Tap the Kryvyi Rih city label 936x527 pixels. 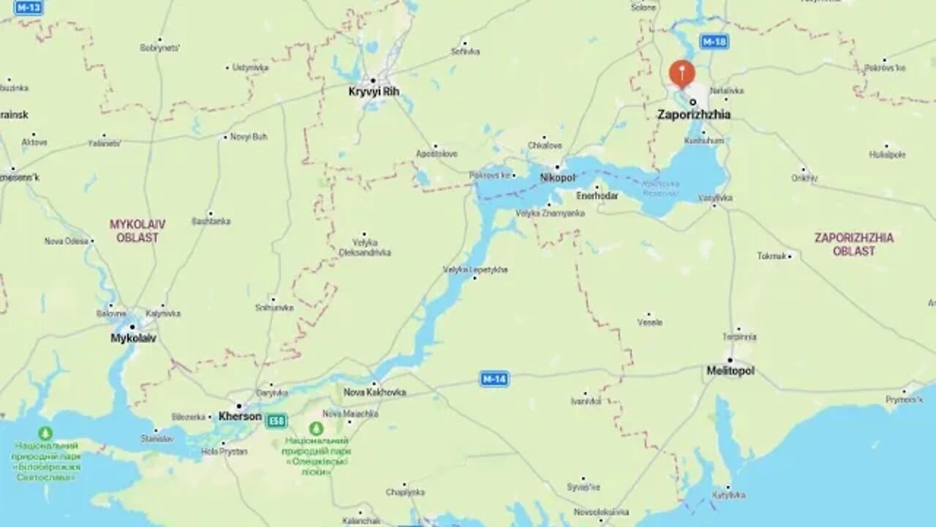click(x=374, y=91)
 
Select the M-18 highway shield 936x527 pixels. click(x=714, y=42)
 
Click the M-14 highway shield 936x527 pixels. click(x=494, y=378)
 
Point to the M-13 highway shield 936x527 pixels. click(x=29, y=8)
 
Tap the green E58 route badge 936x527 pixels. click(x=276, y=421)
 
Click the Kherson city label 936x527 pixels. click(x=240, y=416)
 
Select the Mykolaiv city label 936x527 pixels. click(x=133, y=338)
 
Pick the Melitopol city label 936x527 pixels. click(x=730, y=371)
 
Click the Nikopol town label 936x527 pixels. click(x=557, y=178)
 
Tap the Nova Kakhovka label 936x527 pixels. click(x=374, y=392)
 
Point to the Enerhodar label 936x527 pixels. click(x=597, y=196)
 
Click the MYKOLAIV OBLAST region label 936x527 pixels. click(x=137, y=231)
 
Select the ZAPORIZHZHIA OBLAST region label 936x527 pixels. click(x=853, y=244)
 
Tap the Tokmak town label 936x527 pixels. click(x=771, y=256)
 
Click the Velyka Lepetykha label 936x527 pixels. click(x=475, y=270)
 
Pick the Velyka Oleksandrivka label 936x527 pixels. click(x=364, y=247)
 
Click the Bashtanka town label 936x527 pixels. click(x=211, y=221)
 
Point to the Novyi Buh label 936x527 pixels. click(x=249, y=137)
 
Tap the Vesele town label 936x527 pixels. click(x=649, y=322)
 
